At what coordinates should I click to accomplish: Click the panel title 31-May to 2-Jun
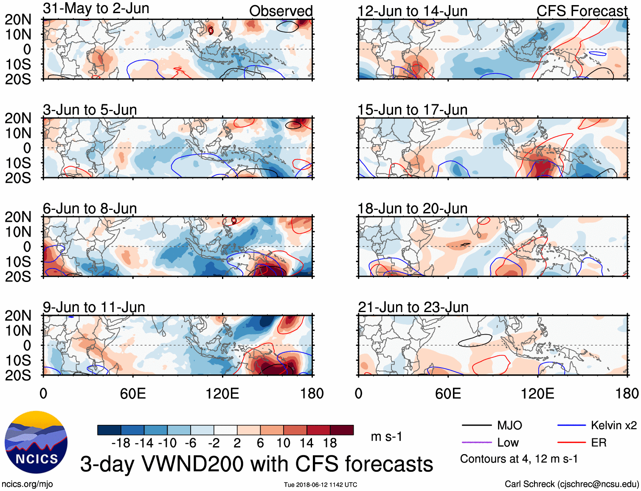point(96,8)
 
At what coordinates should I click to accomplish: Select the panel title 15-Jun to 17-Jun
point(412,110)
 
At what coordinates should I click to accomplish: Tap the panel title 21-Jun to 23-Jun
point(413,307)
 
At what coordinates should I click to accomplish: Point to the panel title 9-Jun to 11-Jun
point(94,307)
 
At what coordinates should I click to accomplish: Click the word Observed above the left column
point(281,11)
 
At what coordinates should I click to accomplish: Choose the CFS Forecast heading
point(582,11)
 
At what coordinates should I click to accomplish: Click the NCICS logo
point(36,442)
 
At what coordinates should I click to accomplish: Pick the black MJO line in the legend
point(476,425)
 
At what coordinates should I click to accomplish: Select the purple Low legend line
point(476,443)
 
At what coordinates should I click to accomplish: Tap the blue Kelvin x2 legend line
point(571,425)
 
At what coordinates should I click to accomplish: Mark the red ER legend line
point(571,443)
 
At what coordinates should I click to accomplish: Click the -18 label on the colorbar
point(121,443)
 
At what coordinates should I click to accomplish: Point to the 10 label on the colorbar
point(283,443)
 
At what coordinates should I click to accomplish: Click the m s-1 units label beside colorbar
point(386,436)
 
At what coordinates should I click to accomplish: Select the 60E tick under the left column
point(133,393)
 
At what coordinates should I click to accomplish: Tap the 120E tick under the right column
point(537,393)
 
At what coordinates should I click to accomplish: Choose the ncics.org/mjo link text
point(27,484)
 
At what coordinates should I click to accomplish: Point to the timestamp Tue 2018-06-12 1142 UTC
point(320,485)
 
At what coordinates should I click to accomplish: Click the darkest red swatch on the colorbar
point(342,430)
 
